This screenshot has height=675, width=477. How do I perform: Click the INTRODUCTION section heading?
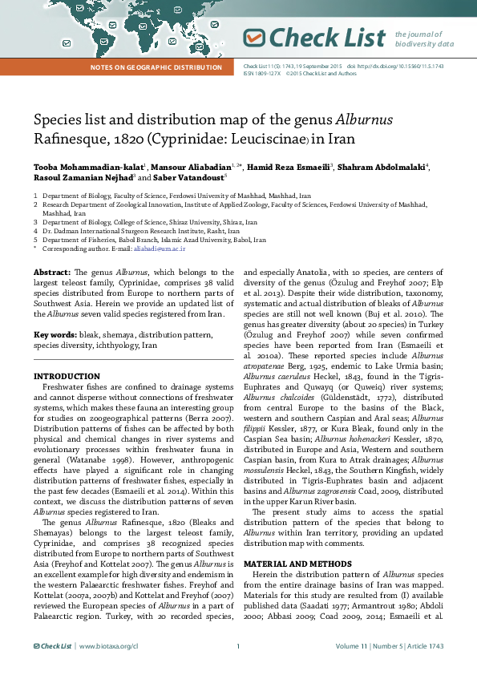point(63,376)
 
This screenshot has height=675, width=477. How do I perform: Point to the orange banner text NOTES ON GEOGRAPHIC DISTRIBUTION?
point(156,67)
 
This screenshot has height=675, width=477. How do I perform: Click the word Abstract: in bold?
point(51,273)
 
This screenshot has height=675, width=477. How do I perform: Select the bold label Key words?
point(54,334)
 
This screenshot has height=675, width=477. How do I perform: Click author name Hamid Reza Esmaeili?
point(284,166)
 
